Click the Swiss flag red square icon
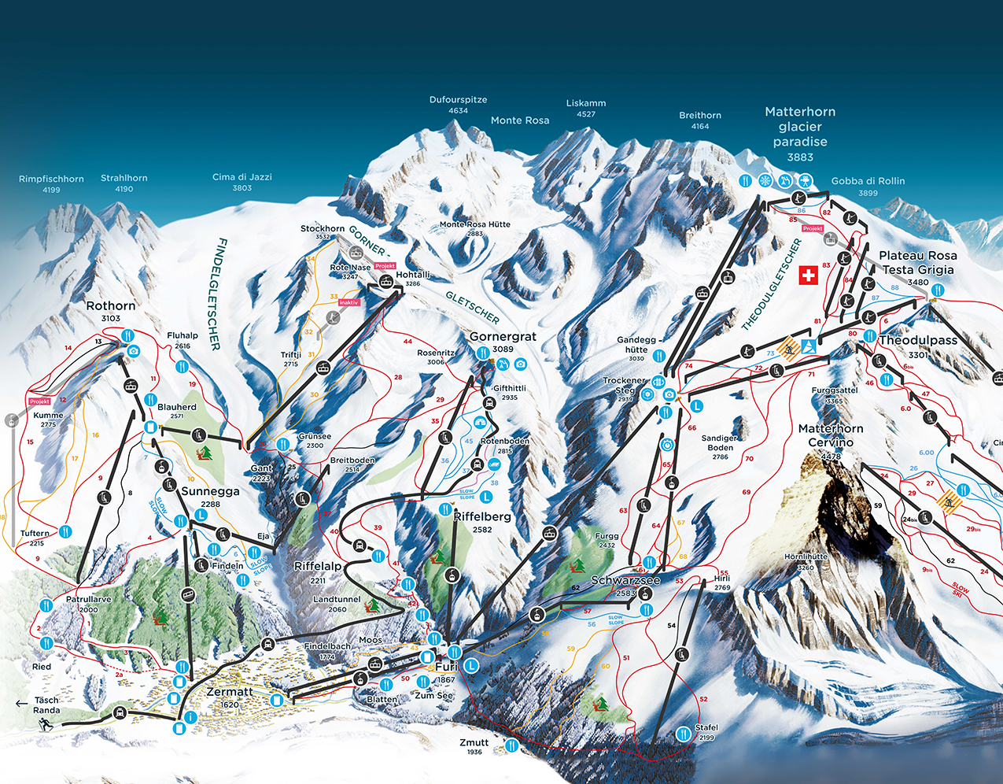coord(808,276)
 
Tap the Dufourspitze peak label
coord(458,101)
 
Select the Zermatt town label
coord(230,692)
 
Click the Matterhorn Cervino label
coord(831,435)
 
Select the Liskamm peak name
coord(586,104)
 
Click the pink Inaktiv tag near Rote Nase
coord(348,302)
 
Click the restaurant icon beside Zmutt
coord(512,745)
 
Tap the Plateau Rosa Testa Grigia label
coord(917,263)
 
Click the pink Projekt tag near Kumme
coord(40,401)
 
